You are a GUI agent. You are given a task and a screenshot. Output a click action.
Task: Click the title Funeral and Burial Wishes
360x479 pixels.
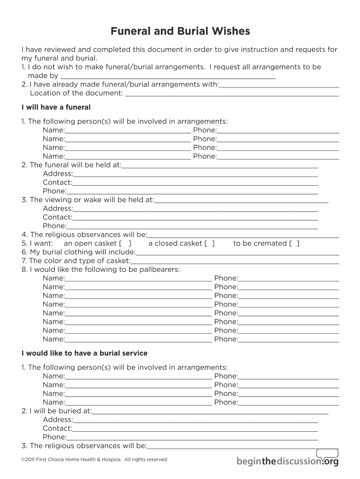pyautogui.click(x=180, y=31)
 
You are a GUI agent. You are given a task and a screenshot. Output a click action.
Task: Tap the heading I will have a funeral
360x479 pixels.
pyautogui.click(x=56, y=107)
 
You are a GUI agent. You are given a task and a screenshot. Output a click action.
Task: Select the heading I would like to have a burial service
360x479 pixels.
pyautogui.click(x=84, y=353)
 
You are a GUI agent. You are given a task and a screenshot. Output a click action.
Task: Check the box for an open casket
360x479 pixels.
pyautogui.click(x=125, y=243)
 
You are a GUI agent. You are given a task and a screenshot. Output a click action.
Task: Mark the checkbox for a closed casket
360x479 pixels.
pyautogui.click(x=209, y=243)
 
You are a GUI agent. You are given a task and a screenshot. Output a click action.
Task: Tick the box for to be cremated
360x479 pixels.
pyautogui.click(x=294, y=243)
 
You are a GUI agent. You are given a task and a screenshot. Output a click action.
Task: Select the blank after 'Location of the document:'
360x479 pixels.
pyautogui.click(x=232, y=93)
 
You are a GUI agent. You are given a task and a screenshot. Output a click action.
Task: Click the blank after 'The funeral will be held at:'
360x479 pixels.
pyautogui.click(x=220, y=165)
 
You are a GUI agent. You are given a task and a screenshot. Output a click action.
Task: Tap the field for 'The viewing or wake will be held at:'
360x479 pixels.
pyautogui.click(x=241, y=200)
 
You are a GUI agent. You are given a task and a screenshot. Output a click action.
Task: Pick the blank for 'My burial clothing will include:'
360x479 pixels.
pyautogui.click(x=237, y=252)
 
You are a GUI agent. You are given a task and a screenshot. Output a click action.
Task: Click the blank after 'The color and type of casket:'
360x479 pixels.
pyautogui.click(x=235, y=261)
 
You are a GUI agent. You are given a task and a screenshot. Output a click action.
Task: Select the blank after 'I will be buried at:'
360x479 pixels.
pyautogui.click(x=210, y=411)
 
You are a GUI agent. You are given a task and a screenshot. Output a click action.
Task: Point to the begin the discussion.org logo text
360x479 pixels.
pyautogui.click(x=287, y=462)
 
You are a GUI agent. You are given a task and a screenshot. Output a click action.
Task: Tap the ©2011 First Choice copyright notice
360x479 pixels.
pyautogui.click(x=94, y=459)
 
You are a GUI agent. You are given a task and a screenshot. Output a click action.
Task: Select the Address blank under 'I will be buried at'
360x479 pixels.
pyautogui.click(x=195, y=420)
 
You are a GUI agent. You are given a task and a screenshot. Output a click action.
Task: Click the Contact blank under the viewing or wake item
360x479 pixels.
pyautogui.click(x=195, y=217)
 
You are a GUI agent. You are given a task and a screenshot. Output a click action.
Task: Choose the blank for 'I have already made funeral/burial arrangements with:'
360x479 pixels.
pyautogui.click(x=279, y=85)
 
